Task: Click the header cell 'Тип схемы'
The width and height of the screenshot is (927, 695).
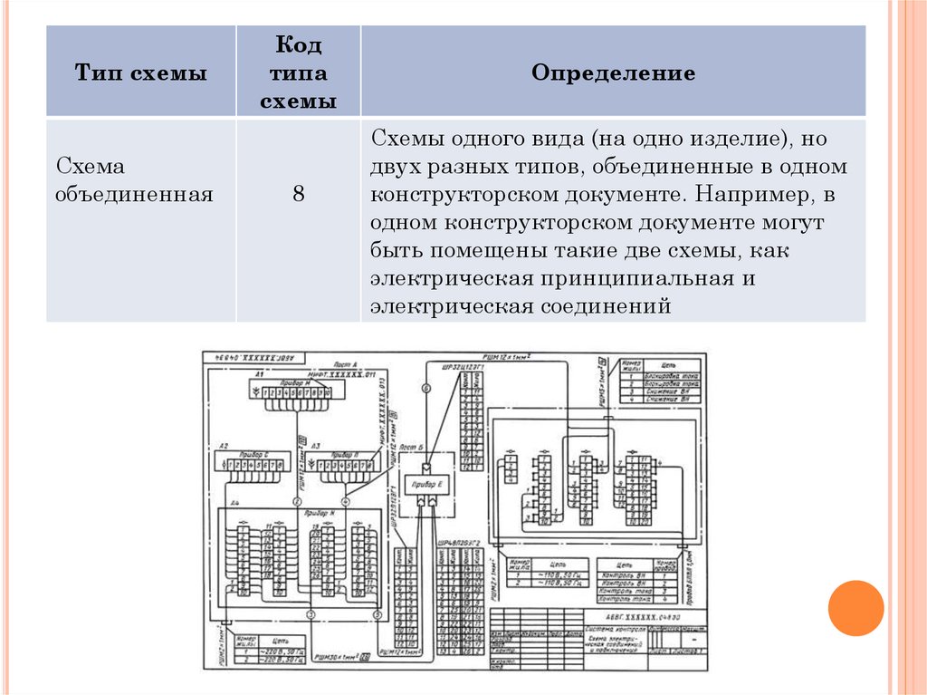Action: point(140,73)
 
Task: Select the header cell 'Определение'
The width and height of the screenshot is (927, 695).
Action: point(613,73)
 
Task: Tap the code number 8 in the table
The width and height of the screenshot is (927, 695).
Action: point(298,193)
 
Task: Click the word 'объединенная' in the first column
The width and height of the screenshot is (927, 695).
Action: point(135,193)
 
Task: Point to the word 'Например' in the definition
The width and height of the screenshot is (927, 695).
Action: point(747,195)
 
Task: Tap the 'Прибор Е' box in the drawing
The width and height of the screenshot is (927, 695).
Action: point(425,487)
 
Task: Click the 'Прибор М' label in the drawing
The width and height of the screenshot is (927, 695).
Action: point(293,383)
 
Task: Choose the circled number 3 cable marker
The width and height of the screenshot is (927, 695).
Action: point(311,615)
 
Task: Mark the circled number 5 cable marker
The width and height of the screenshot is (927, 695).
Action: point(377,615)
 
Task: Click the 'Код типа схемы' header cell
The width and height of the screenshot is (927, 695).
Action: point(298,73)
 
